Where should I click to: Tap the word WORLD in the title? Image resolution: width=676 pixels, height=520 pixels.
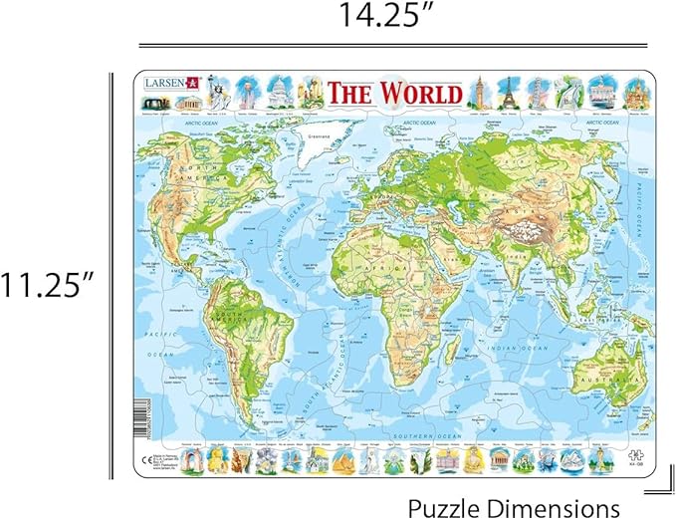click(x=418, y=93)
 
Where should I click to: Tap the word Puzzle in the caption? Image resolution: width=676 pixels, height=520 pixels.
click(x=446, y=506)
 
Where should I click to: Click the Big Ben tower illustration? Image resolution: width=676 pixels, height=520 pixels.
click(x=477, y=91)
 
